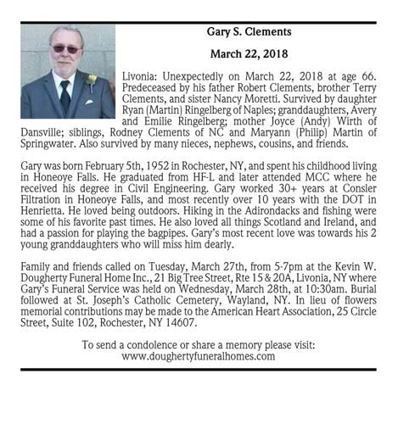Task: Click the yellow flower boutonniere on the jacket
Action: [92, 81]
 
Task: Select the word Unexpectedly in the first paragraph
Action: [200, 76]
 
